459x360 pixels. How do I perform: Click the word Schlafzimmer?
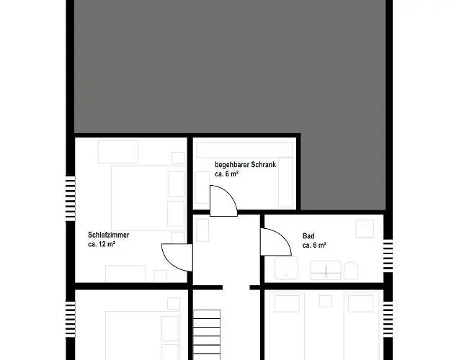tap(108, 235)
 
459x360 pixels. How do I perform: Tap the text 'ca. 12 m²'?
tap(102, 245)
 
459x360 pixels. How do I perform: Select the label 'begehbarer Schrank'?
tap(245, 164)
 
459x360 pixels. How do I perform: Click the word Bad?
tap(308, 236)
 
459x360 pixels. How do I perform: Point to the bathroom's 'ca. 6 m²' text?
tap(314, 246)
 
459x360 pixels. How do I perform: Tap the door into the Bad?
tap(274, 240)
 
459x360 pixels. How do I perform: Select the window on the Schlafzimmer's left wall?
tap(70, 194)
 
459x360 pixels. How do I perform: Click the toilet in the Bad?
tap(351, 271)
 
